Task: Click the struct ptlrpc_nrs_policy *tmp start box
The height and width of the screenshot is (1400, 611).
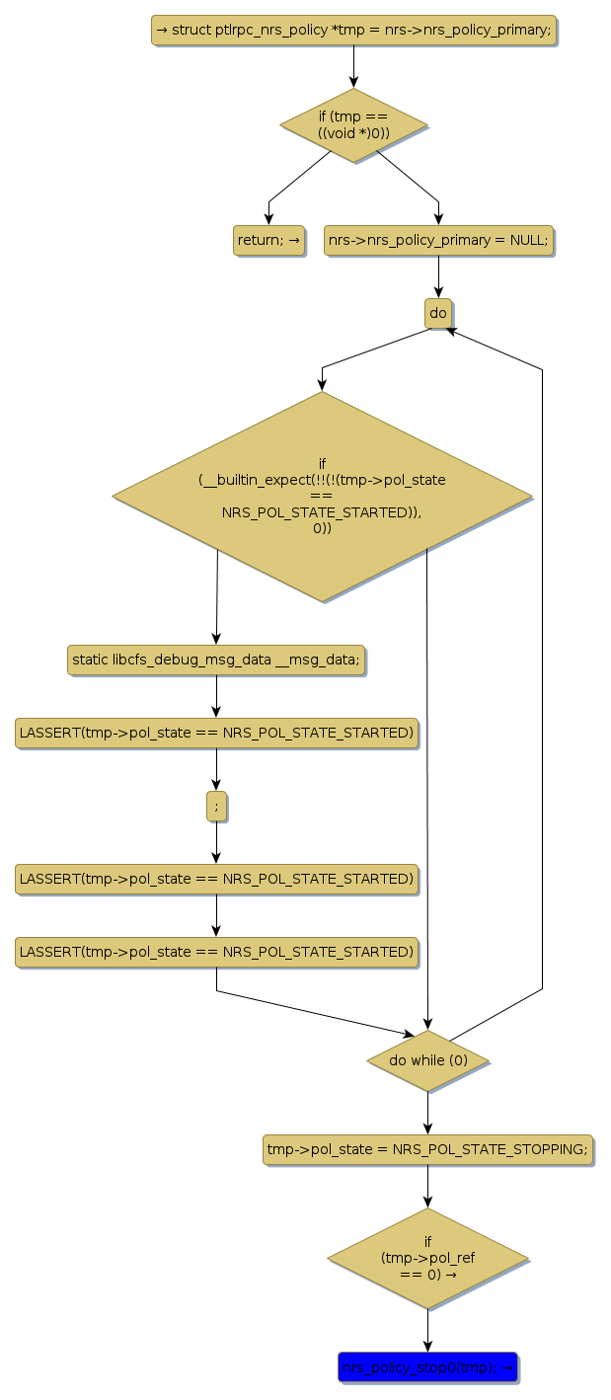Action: pos(353,30)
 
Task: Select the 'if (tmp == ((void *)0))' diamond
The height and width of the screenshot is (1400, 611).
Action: pos(353,125)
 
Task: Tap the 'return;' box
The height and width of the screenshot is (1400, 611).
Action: pos(268,240)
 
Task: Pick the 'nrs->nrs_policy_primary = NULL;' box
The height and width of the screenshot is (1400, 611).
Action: pos(438,240)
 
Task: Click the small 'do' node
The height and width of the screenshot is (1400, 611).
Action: pos(438,313)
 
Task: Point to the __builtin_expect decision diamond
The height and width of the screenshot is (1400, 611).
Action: pos(322,497)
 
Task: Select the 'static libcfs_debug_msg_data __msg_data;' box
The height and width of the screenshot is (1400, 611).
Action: pos(216,660)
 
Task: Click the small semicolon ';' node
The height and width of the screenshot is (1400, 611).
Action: pos(216,806)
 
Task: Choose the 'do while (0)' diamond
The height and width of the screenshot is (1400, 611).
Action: pos(427,1060)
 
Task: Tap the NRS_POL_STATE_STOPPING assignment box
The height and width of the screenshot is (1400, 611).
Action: pos(427,1149)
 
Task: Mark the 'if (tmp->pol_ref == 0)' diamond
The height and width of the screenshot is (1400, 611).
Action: pos(427,1259)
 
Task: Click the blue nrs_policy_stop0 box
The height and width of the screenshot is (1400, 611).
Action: pos(427,1366)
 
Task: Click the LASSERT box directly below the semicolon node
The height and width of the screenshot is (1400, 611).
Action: pos(216,879)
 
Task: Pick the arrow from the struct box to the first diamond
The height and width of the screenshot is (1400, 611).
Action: pos(353,67)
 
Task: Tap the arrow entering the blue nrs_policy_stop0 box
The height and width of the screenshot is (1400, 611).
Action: pos(427,1330)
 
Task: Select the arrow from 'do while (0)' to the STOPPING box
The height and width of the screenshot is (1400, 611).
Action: pos(427,1113)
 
